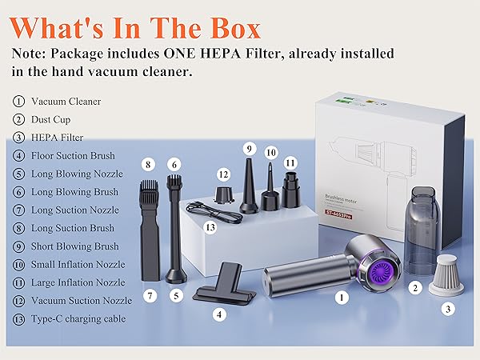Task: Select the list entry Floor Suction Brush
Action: click(73, 155)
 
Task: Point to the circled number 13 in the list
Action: click(18, 319)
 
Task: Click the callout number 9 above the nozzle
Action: click(249, 148)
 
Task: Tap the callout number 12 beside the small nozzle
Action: click(224, 174)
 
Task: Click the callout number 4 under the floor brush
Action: click(218, 314)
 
